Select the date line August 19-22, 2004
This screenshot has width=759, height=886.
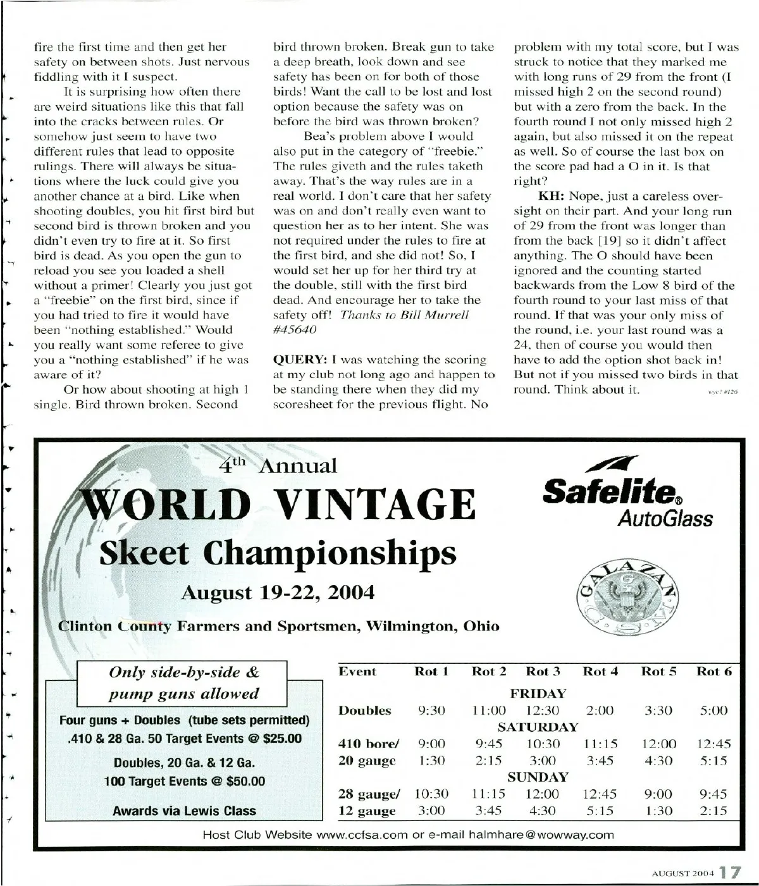pos(278,593)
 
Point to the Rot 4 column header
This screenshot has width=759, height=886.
pos(600,672)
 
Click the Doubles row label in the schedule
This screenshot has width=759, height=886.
pos(364,710)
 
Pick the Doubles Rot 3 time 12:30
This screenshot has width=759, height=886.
pos(543,710)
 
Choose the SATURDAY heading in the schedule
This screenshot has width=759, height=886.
pos(538,727)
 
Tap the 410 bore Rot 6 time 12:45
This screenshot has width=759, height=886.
pos(714,744)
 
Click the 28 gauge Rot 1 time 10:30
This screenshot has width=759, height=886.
pos(431,794)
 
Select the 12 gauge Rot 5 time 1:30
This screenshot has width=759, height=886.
pos(658,811)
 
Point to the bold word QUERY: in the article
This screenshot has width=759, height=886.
pos(300,360)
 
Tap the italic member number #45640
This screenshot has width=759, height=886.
pos(295,329)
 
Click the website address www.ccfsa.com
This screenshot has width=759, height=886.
pos(361,835)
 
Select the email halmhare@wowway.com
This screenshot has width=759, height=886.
pos(541,835)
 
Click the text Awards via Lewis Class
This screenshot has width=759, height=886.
pos(184,811)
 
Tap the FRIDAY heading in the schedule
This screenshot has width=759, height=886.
pos(538,693)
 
